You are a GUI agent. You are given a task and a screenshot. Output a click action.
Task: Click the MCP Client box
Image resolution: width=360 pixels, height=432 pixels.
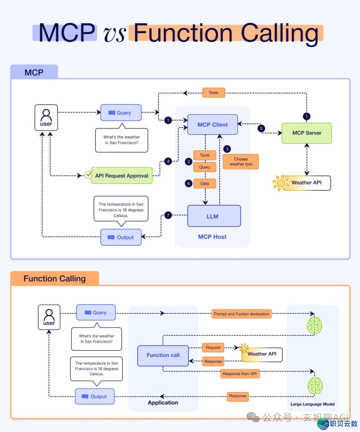(x=213, y=125)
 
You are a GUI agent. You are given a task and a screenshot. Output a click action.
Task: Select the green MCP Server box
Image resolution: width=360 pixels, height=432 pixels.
(x=307, y=133)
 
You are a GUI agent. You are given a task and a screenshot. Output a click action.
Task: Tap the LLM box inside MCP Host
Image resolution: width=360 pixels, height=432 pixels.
(x=214, y=216)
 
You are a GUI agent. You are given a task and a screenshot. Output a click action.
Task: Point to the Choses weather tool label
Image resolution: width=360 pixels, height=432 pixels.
(x=241, y=162)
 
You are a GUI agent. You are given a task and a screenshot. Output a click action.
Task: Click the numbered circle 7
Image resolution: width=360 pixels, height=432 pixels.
(x=168, y=215)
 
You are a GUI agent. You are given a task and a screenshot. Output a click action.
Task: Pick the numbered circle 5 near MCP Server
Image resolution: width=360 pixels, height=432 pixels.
(x=261, y=128)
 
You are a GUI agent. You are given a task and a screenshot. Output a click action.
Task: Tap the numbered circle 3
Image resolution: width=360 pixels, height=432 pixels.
(x=227, y=149)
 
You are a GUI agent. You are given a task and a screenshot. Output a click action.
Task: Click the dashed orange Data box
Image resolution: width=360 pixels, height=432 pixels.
(x=205, y=184)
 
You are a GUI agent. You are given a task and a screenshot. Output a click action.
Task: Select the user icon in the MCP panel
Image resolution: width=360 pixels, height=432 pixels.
(x=46, y=118)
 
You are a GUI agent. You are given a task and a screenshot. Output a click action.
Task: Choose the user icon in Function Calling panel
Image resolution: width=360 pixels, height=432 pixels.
(x=49, y=317)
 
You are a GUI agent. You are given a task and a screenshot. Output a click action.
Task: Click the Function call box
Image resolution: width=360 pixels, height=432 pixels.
(x=163, y=355)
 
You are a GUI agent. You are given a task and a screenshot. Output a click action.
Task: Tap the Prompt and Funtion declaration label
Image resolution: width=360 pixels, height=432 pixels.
(x=241, y=314)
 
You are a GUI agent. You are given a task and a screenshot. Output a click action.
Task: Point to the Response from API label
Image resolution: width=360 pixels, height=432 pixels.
(x=240, y=374)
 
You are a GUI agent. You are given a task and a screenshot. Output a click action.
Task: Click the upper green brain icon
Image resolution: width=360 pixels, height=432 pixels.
(x=314, y=325)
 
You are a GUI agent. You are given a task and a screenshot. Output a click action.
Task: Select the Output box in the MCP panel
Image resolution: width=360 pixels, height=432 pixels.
(x=121, y=237)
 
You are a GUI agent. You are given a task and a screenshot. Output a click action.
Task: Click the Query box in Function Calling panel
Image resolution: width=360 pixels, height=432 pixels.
(x=96, y=313)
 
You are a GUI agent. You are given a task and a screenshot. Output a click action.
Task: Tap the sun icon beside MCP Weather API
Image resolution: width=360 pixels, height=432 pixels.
(x=280, y=183)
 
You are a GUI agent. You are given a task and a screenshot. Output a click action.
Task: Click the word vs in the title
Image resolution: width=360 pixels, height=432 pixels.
(x=115, y=34)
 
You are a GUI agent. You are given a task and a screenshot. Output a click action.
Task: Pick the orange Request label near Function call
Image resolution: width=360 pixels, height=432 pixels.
(x=213, y=348)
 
